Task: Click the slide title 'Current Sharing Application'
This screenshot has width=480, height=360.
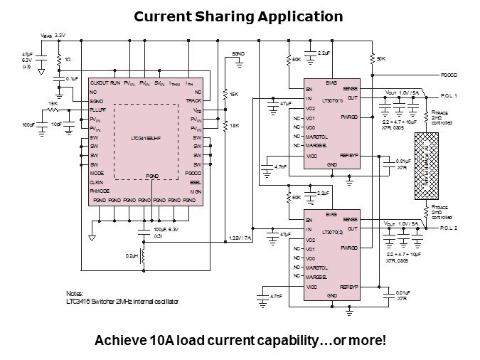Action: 239,16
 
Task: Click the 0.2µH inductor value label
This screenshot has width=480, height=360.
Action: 131,254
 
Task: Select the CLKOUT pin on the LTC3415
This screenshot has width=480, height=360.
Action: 100,84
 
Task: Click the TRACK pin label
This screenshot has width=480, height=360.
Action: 193,101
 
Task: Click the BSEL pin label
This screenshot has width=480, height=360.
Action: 196,181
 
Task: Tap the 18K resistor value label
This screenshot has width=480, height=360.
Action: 233,125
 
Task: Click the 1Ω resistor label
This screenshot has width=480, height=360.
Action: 66,60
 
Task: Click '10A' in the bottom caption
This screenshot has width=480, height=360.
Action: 166,340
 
